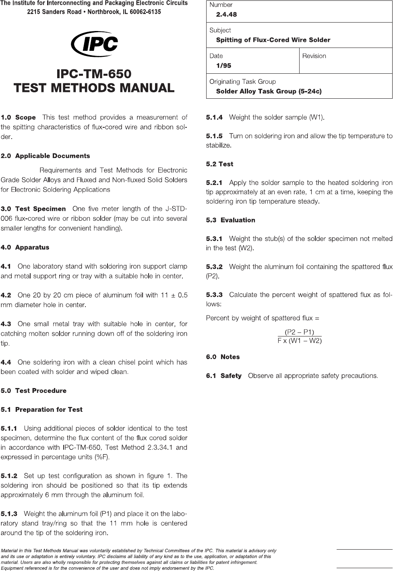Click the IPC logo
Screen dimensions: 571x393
pos(95,46)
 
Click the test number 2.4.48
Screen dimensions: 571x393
pos(226,15)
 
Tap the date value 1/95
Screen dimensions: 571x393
pos(223,66)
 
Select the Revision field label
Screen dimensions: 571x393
pos(314,56)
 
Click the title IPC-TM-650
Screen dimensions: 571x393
pos(94,74)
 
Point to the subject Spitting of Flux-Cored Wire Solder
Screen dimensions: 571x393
pos(273,40)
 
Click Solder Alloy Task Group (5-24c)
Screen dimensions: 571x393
pos(269,91)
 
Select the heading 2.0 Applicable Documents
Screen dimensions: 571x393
pos(46,156)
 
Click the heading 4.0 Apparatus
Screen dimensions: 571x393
pos(25,247)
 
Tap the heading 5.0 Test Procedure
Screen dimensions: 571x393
pos(33,390)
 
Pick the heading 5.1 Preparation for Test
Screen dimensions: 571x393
pos(41,409)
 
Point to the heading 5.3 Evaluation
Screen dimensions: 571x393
pos(230,220)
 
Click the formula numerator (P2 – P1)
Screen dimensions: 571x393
pos(300,332)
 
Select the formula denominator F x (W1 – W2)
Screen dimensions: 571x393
pos(300,341)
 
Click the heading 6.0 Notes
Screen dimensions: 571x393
pos(223,357)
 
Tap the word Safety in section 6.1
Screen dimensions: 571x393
pos(231,376)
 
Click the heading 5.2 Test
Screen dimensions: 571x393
pos(219,164)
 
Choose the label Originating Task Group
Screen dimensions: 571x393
pos(242,82)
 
